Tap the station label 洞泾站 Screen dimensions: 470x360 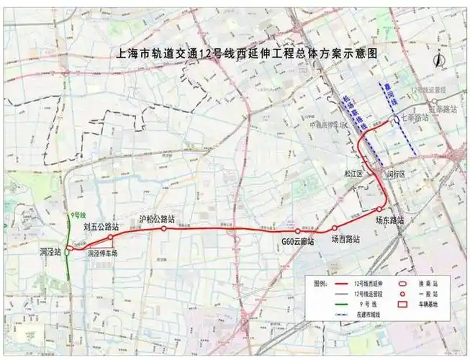point(50,253)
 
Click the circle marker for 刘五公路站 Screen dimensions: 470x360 point(110,237)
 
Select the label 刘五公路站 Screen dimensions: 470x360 point(100,226)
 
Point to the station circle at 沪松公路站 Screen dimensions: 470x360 point(164,228)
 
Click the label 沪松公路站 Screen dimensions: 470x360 point(157,218)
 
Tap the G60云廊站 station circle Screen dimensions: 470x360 point(297,232)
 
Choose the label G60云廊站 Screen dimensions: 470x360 point(298,242)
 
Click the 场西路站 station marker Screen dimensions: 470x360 point(334,228)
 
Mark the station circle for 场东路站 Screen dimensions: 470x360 point(379,210)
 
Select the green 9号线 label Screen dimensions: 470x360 point(78,215)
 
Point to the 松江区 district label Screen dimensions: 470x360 point(353,174)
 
